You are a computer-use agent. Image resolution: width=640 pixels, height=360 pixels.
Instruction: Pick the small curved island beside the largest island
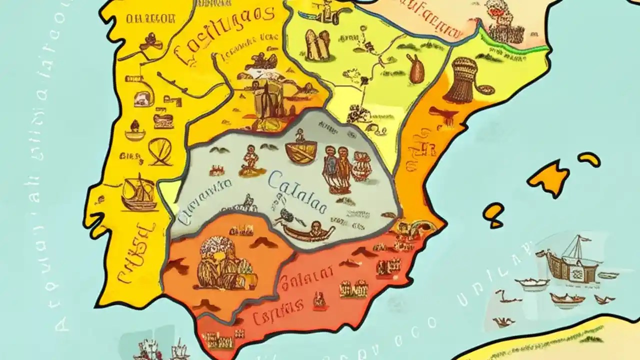589,159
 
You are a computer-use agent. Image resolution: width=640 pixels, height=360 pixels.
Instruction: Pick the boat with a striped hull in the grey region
301,151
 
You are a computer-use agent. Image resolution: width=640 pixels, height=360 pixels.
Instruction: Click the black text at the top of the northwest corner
150,19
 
